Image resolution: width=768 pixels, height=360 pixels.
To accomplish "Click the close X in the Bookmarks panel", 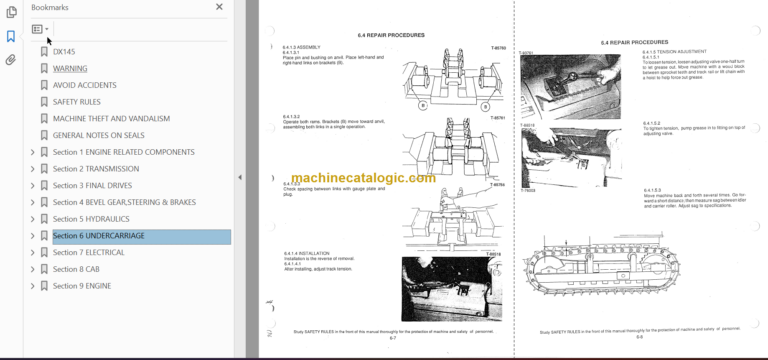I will point(220,8).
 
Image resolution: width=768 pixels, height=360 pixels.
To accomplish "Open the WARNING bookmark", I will point(70,68).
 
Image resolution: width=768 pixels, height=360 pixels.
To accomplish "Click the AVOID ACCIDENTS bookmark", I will point(84,85).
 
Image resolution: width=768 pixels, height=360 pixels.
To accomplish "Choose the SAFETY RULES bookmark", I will point(76,102).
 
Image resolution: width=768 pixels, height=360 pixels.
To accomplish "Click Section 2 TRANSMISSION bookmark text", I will point(96,169).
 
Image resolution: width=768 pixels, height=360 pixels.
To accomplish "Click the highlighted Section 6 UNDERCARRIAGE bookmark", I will point(98,236).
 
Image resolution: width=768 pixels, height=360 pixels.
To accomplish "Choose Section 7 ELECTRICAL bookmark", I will point(89,253).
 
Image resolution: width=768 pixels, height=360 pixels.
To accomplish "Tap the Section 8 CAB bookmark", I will point(77,269).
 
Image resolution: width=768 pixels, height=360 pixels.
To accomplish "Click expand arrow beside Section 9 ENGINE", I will point(32,286).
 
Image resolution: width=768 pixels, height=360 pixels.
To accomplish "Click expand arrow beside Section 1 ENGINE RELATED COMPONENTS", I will point(32,152).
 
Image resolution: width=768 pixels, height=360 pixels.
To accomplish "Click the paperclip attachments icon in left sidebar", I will point(11,60).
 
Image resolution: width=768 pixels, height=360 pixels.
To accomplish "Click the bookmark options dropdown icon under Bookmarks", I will point(40,30).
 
